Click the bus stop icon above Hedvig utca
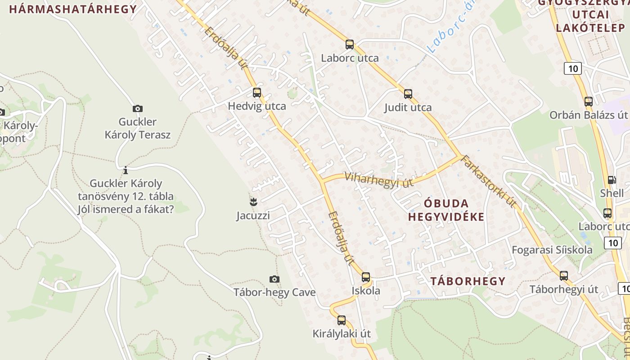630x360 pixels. pyautogui.click(x=257, y=93)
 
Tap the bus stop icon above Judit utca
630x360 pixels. pyautogui.click(x=408, y=94)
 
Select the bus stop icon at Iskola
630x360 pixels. pyautogui.click(x=366, y=277)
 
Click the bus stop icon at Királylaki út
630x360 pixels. pyautogui.click(x=342, y=320)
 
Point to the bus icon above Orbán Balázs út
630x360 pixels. pyautogui.click(x=589, y=102)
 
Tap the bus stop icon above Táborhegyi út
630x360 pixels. pyautogui.click(x=564, y=276)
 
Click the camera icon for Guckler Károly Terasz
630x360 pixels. pyautogui.click(x=138, y=108)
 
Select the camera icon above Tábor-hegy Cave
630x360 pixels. pyautogui.click(x=274, y=279)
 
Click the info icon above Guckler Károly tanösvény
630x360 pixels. pyautogui.click(x=126, y=170)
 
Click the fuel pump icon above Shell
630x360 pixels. pyautogui.click(x=612, y=180)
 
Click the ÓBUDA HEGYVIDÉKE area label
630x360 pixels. pyautogui.click(x=446, y=210)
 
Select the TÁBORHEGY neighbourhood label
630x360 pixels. pyautogui.click(x=468, y=281)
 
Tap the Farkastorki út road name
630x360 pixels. pyautogui.click(x=489, y=181)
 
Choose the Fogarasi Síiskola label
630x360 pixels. pyautogui.click(x=552, y=250)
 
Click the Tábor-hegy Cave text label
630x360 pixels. pyautogui.click(x=274, y=292)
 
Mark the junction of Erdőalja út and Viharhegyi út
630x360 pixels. pyautogui.click(x=322, y=182)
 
